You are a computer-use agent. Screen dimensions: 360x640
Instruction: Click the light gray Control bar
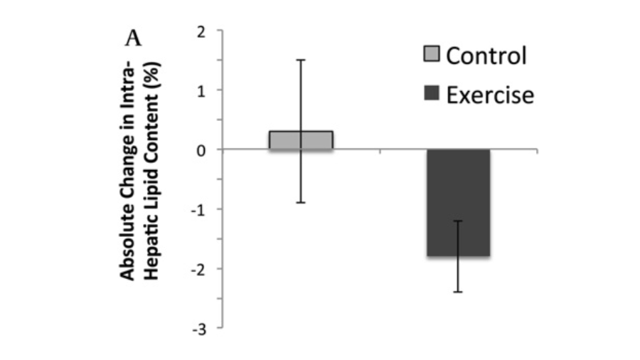[x=301, y=140]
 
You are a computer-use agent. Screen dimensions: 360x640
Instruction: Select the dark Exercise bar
[x=459, y=203]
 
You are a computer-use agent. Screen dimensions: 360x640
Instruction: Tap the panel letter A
[x=133, y=38]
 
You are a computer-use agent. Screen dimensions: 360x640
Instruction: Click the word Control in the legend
[x=486, y=55]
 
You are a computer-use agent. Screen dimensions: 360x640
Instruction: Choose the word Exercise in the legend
[x=489, y=94]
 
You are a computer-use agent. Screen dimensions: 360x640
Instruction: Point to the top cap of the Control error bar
[x=301, y=60]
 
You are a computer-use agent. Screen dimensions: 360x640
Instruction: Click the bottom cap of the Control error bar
[x=301, y=203]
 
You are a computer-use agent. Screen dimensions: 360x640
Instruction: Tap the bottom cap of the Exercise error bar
[x=459, y=292]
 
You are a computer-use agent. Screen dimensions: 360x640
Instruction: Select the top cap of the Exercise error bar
[x=459, y=221]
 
